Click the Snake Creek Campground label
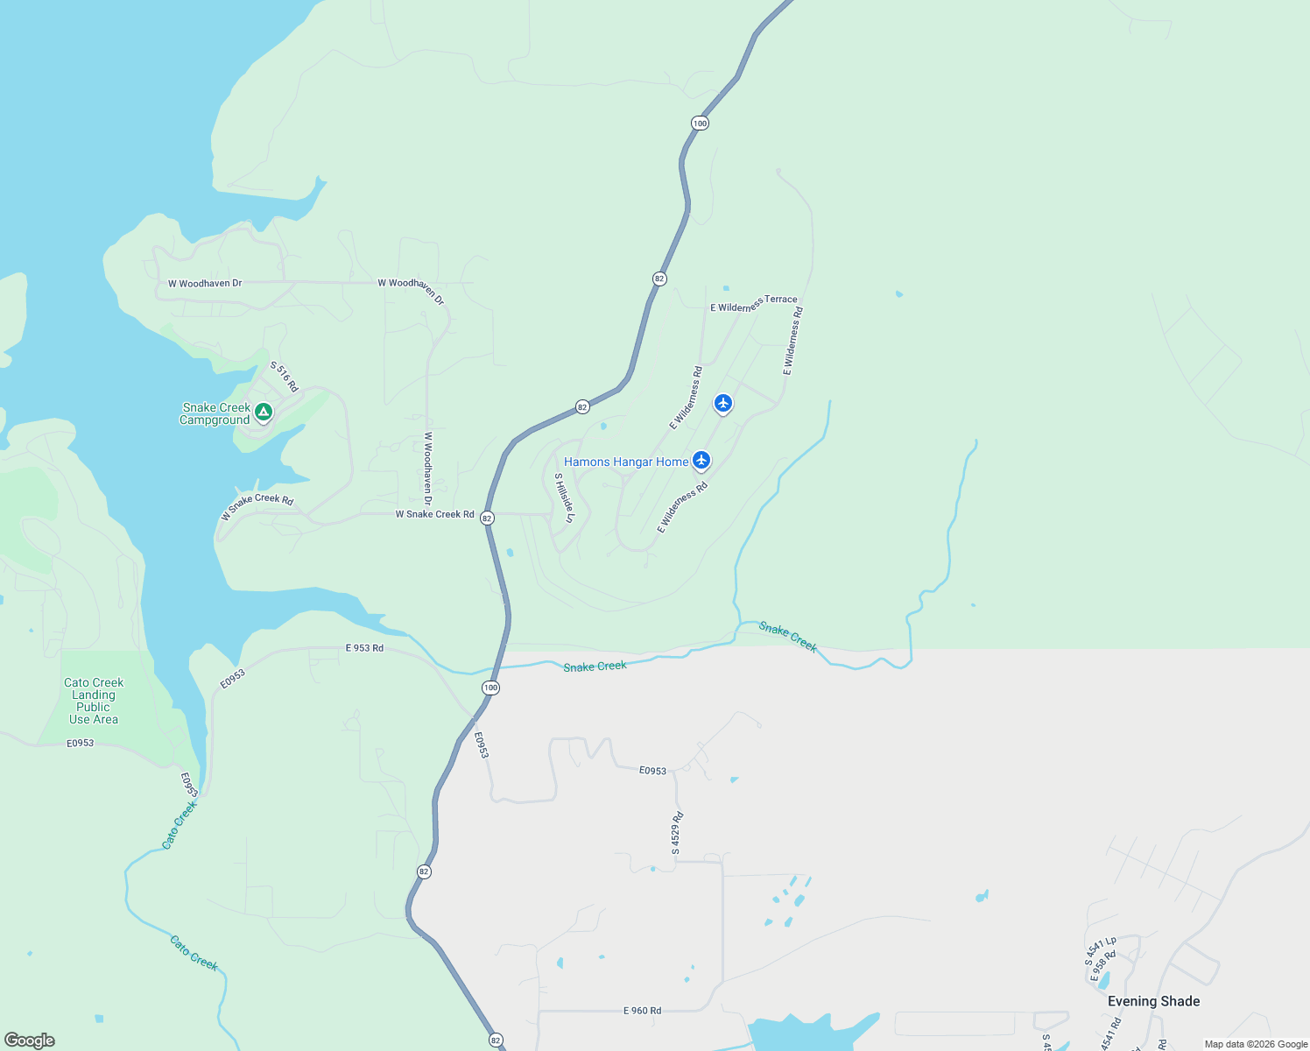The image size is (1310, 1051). pyautogui.click(x=215, y=413)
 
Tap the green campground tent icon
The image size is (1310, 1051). pyautogui.click(x=264, y=412)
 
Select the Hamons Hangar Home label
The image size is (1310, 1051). pyautogui.click(x=626, y=462)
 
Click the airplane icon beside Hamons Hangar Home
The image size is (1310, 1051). pyautogui.click(x=701, y=460)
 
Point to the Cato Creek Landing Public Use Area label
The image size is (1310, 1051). pyautogui.click(x=94, y=701)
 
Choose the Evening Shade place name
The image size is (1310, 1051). pyautogui.click(x=1153, y=1001)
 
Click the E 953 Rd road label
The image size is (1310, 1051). pyautogui.click(x=364, y=648)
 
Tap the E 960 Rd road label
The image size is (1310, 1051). pyautogui.click(x=642, y=1011)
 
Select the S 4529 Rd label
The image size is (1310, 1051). pyautogui.click(x=677, y=833)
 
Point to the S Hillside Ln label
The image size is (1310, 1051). pyautogui.click(x=565, y=498)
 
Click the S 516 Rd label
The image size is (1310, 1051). pyautogui.click(x=285, y=377)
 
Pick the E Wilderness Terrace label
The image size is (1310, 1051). pyautogui.click(x=753, y=303)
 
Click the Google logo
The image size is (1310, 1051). pyautogui.click(x=29, y=1040)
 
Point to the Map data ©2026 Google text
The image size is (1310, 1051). pyautogui.click(x=1256, y=1044)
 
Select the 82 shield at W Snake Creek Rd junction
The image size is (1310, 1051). pyautogui.click(x=488, y=518)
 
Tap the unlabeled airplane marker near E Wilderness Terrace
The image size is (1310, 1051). pyautogui.click(x=722, y=403)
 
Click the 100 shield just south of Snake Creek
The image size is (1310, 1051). pyautogui.click(x=491, y=688)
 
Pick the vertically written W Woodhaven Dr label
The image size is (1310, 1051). pyautogui.click(x=428, y=468)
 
